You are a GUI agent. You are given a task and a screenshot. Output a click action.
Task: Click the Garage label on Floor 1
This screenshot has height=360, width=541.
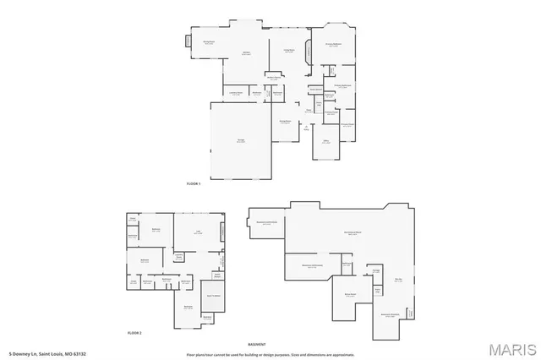[x=241, y=141]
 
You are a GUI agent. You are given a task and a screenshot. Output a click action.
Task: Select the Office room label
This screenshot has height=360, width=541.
[x=325, y=142]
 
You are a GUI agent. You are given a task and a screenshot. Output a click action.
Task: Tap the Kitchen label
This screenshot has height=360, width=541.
[x=247, y=53]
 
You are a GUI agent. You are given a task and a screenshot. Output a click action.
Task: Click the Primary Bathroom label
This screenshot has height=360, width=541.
[x=342, y=85]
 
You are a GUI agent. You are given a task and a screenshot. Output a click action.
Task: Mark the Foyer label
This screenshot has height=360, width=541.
[x=309, y=110]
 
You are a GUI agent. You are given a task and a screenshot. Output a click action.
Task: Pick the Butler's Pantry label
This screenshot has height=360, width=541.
[x=274, y=78]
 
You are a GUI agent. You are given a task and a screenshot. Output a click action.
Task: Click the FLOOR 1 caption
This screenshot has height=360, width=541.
[x=194, y=183]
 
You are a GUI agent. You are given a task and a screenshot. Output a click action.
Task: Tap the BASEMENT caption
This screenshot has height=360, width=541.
[x=256, y=344]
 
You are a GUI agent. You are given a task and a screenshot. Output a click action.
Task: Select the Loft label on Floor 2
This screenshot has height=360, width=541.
[x=197, y=232]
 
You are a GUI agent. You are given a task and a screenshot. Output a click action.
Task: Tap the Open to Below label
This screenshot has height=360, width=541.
[x=214, y=296]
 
